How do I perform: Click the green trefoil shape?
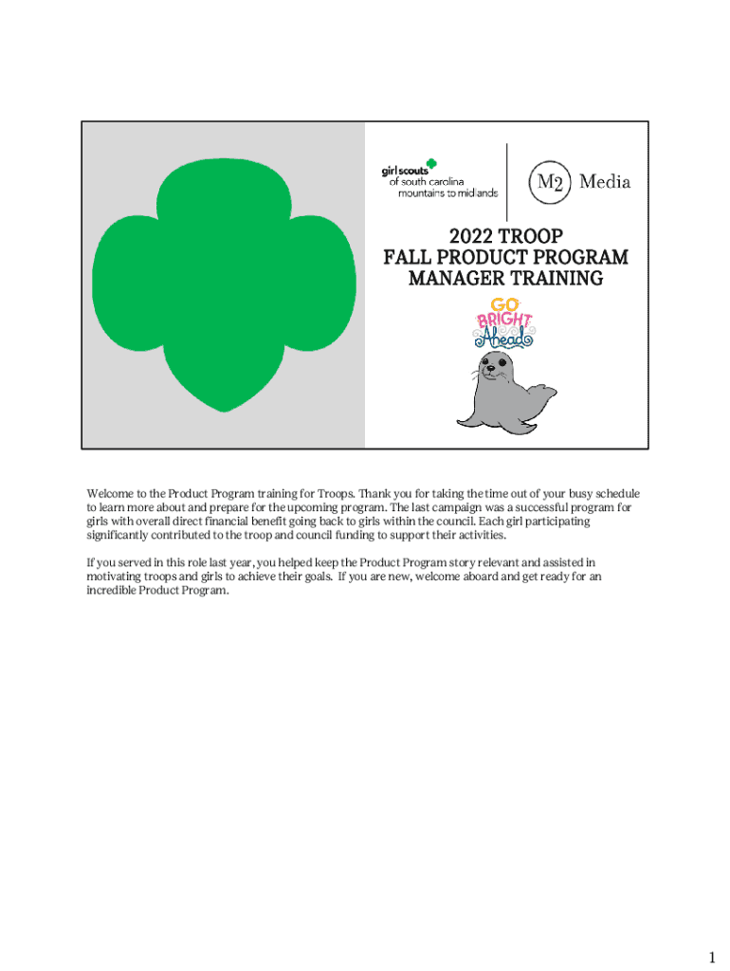pyautogui.click(x=224, y=284)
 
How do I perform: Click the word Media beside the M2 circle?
pyautogui.click(x=605, y=181)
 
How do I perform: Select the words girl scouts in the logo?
pyautogui.click(x=404, y=172)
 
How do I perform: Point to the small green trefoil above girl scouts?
pyautogui.click(x=431, y=162)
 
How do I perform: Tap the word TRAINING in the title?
pyautogui.click(x=553, y=279)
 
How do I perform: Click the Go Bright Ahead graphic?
pyautogui.click(x=504, y=322)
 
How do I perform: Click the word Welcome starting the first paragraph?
pyautogui.click(x=110, y=494)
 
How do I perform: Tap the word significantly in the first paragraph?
pyautogui.click(x=118, y=535)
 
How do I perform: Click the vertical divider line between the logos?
pyautogui.click(x=508, y=181)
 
